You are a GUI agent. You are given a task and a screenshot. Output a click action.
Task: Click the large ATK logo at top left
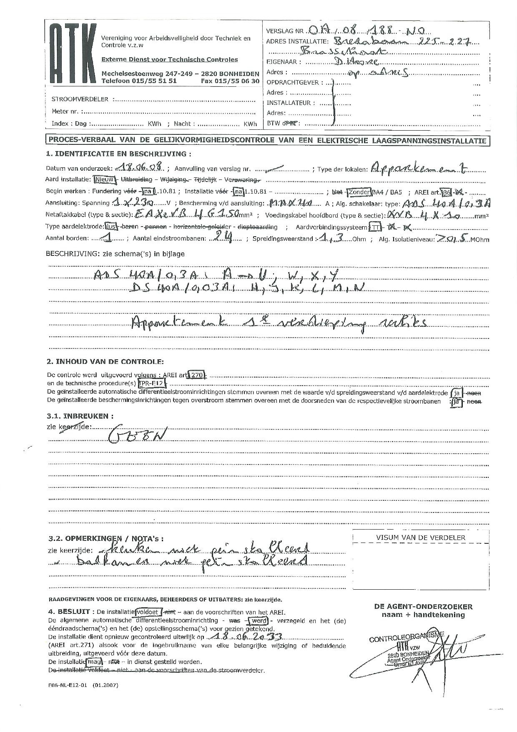click(73, 53)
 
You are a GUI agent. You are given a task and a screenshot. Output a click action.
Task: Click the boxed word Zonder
click(359, 192)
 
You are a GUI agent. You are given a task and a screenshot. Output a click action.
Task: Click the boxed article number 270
click(196, 375)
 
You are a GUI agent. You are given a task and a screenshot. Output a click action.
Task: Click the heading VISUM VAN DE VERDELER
click(420, 538)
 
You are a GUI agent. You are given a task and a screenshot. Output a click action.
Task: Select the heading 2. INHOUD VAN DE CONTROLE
click(105, 361)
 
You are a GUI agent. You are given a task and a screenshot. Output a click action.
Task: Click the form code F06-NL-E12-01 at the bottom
click(68, 685)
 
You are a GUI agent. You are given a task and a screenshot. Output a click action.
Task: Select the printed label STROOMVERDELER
click(80, 99)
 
